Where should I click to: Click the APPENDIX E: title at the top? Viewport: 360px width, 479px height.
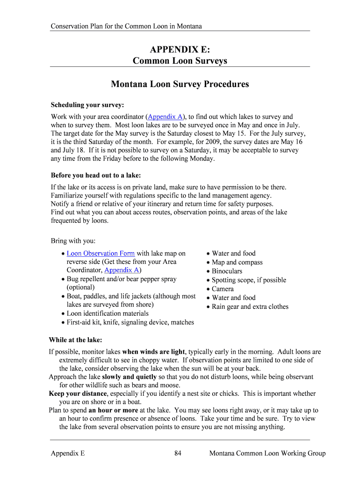180,50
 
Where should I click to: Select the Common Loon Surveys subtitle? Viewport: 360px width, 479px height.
180,61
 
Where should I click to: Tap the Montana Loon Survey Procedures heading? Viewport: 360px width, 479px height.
180,84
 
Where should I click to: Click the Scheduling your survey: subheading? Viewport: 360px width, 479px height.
87,105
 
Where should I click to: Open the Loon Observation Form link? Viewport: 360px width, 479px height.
101,254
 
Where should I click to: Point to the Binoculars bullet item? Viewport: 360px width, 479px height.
227,271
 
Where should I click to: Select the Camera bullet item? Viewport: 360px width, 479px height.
223,289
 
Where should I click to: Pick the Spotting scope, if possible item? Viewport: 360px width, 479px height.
249,280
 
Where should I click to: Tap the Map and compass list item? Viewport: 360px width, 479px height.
237,262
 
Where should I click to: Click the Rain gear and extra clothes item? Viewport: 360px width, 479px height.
250,307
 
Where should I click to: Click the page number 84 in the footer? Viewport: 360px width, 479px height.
178,453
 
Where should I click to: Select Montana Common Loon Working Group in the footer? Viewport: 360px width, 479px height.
267,453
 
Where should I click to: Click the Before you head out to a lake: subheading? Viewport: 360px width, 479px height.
95,175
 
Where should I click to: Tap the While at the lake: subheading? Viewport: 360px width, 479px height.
75,340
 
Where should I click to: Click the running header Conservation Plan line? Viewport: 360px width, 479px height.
126,26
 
